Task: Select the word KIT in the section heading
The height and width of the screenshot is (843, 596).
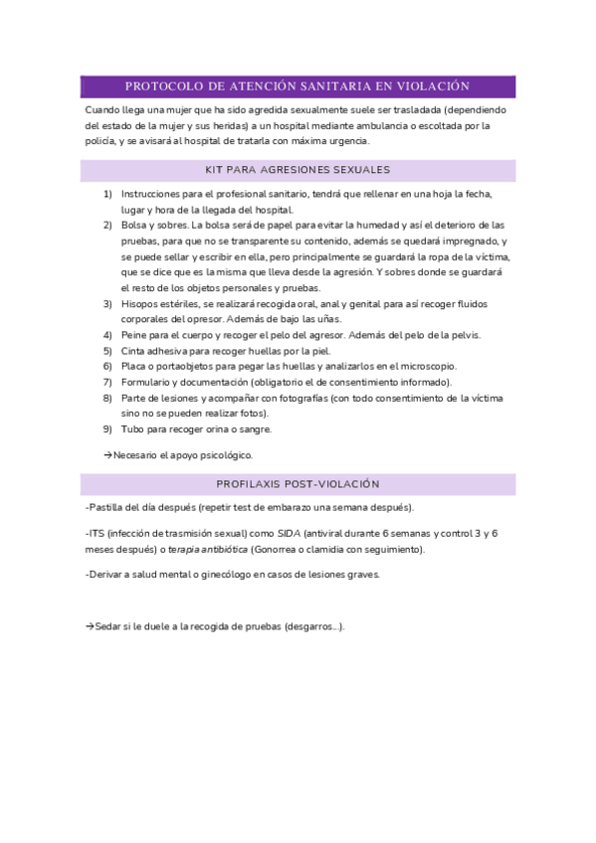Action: (x=214, y=170)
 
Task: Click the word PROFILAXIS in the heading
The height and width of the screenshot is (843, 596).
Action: (x=250, y=484)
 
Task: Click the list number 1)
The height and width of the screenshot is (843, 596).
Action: (x=107, y=194)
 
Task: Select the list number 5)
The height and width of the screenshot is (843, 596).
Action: (x=107, y=351)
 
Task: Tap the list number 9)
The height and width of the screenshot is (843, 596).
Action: (x=107, y=429)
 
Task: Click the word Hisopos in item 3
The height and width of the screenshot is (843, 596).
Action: (x=138, y=303)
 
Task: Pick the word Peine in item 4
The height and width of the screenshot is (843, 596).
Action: (x=134, y=335)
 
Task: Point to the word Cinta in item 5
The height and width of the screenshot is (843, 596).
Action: (x=134, y=351)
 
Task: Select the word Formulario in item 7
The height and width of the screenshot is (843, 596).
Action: (x=146, y=382)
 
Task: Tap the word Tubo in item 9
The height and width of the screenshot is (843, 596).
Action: (x=132, y=429)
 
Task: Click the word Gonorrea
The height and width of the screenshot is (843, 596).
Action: (x=280, y=549)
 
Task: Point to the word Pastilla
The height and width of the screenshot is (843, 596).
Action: (x=108, y=507)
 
